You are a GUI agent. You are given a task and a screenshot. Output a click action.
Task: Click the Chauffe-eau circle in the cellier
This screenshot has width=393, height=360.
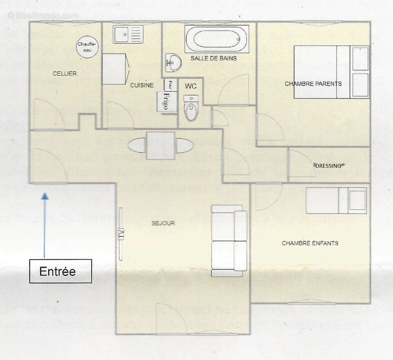[x=87, y=47]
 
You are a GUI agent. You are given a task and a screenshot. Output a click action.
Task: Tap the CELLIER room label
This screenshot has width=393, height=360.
[x=64, y=73]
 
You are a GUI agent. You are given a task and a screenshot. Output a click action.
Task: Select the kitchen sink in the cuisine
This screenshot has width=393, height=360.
[x=128, y=34]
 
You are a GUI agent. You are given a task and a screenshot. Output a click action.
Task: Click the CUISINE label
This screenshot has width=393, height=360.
[x=142, y=85]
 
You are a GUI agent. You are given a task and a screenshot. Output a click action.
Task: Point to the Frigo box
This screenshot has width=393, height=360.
[x=167, y=101]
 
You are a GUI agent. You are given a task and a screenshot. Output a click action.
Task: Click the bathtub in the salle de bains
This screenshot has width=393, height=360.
[x=217, y=39]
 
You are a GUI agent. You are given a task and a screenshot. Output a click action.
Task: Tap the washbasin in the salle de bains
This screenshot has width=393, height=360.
[x=173, y=62]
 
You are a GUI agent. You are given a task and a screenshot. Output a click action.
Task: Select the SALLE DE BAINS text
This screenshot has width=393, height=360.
[x=213, y=58]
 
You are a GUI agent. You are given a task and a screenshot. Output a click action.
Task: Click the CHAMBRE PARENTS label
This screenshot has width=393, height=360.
[x=313, y=84]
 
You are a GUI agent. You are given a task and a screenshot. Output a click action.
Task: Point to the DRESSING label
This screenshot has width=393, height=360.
[x=328, y=166]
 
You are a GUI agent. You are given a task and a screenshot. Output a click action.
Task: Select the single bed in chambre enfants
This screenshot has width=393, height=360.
[x=336, y=201]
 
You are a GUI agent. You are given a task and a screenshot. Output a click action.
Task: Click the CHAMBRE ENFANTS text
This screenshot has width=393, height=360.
[x=310, y=243]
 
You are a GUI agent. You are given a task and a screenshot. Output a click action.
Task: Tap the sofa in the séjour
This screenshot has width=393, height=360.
[x=229, y=241]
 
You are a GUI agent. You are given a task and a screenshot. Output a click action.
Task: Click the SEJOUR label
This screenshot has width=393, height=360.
[x=163, y=223]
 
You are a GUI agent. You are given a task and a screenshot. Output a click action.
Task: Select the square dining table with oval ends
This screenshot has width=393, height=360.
[x=161, y=145]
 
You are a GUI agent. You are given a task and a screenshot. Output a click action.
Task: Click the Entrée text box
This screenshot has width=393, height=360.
[x=60, y=271]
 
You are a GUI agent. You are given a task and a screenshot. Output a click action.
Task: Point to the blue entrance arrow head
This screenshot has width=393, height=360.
[x=45, y=196]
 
